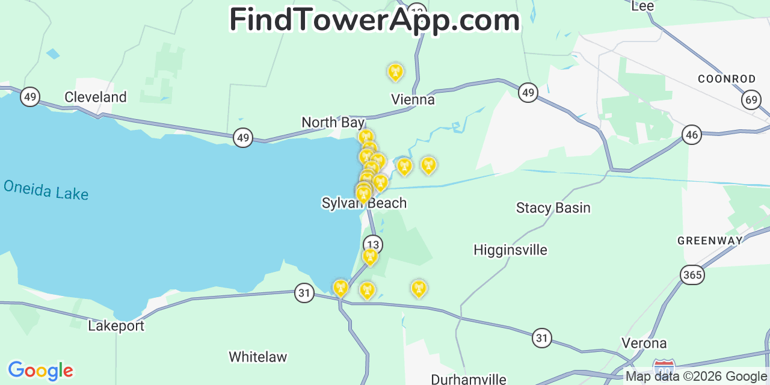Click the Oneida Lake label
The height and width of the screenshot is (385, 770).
[46, 189]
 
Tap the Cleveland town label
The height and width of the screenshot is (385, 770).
[96, 97]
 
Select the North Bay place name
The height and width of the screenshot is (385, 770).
[333, 123]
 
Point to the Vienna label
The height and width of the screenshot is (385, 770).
[413, 99]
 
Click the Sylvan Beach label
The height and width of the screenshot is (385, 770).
[364, 203]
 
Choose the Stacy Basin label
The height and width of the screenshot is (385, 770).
[553, 208]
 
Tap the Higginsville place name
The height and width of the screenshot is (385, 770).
[510, 250]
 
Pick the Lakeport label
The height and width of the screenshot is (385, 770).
[116, 326]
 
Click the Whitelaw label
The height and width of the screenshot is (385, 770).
[257, 357]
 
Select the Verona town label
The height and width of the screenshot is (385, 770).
[644, 343]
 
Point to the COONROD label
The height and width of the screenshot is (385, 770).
[726, 79]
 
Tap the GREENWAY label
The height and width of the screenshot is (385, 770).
[710, 241]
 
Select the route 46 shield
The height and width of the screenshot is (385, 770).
[692, 135]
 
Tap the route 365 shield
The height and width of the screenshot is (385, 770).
[692, 275]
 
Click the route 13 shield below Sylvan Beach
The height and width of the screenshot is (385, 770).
[373, 244]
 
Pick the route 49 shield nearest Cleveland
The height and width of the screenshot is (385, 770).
[29, 96]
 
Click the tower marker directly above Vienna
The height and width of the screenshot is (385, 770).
[395, 72]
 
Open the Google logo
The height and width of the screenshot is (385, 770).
[40, 371]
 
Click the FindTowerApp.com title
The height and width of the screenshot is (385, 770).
[374, 20]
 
